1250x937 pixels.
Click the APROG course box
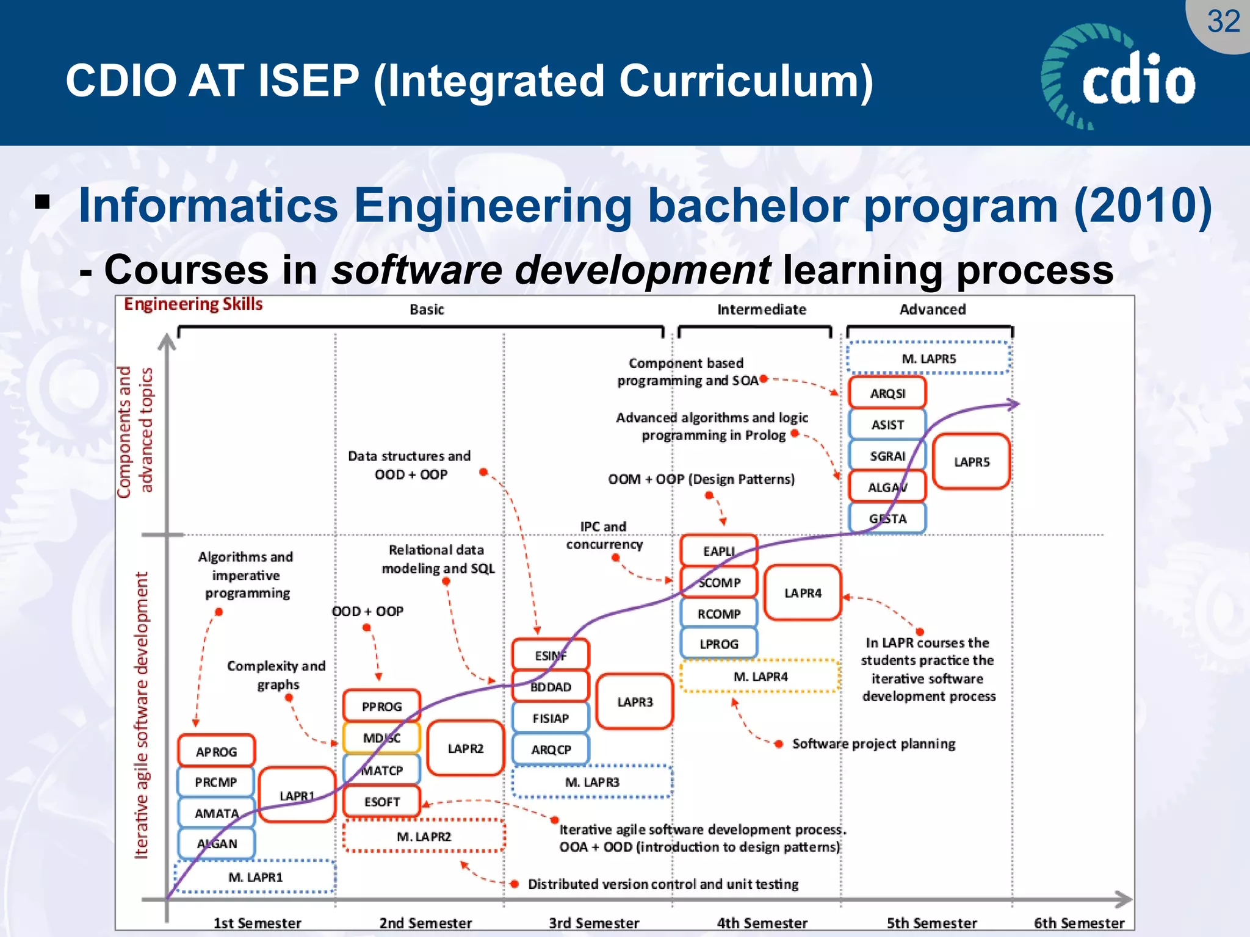tap(216, 751)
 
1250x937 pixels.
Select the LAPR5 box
tap(971, 462)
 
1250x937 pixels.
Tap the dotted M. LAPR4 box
tap(760, 677)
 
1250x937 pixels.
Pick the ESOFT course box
tap(381, 802)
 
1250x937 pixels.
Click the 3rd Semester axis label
tap(593, 923)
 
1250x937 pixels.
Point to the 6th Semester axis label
tap(1078, 923)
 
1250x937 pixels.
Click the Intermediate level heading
tap(761, 309)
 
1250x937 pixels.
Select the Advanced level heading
tap(932, 309)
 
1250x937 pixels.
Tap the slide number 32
tap(1223, 22)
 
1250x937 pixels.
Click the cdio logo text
tap(1138, 79)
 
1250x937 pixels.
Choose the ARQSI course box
tap(887, 393)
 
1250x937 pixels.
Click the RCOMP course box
tap(719, 614)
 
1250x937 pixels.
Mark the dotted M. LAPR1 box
tap(255, 877)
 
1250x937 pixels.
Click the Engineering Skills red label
tap(193, 304)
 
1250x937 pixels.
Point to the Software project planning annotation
tap(873, 744)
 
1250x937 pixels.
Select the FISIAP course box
tap(550, 718)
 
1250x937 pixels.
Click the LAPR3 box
tap(635, 702)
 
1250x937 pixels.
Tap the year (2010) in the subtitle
tap(1143, 206)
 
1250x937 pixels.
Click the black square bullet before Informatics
tap(42, 201)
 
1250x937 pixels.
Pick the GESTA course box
tap(887, 519)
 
